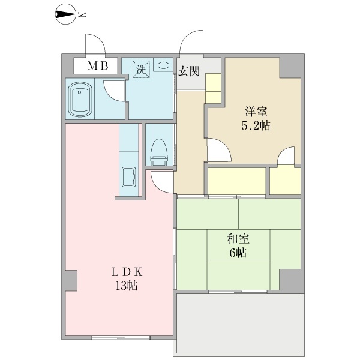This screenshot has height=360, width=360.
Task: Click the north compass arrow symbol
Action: click(x=65, y=14)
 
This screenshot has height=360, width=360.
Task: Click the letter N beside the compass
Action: click(x=82, y=14)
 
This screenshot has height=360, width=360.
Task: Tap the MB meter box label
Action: click(x=98, y=66)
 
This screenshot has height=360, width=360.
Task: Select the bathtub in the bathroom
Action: click(x=79, y=99)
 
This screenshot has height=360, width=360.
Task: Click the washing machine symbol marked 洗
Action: click(x=142, y=69)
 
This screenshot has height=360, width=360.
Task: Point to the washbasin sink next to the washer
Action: click(x=163, y=65)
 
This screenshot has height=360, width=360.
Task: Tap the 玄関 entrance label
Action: click(x=189, y=71)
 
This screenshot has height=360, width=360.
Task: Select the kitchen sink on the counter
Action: click(x=129, y=176)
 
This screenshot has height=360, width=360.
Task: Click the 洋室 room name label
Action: click(x=256, y=112)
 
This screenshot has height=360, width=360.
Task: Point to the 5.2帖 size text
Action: click(x=256, y=125)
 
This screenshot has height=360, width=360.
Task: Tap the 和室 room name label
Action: click(x=238, y=239)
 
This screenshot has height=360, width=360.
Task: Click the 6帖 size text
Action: click(x=238, y=253)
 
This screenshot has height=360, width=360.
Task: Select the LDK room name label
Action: click(x=127, y=272)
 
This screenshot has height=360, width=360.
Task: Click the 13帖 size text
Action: click(x=126, y=286)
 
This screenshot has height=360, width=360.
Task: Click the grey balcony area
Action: click(x=239, y=324)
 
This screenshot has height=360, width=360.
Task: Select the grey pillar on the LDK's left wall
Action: click(x=71, y=281)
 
